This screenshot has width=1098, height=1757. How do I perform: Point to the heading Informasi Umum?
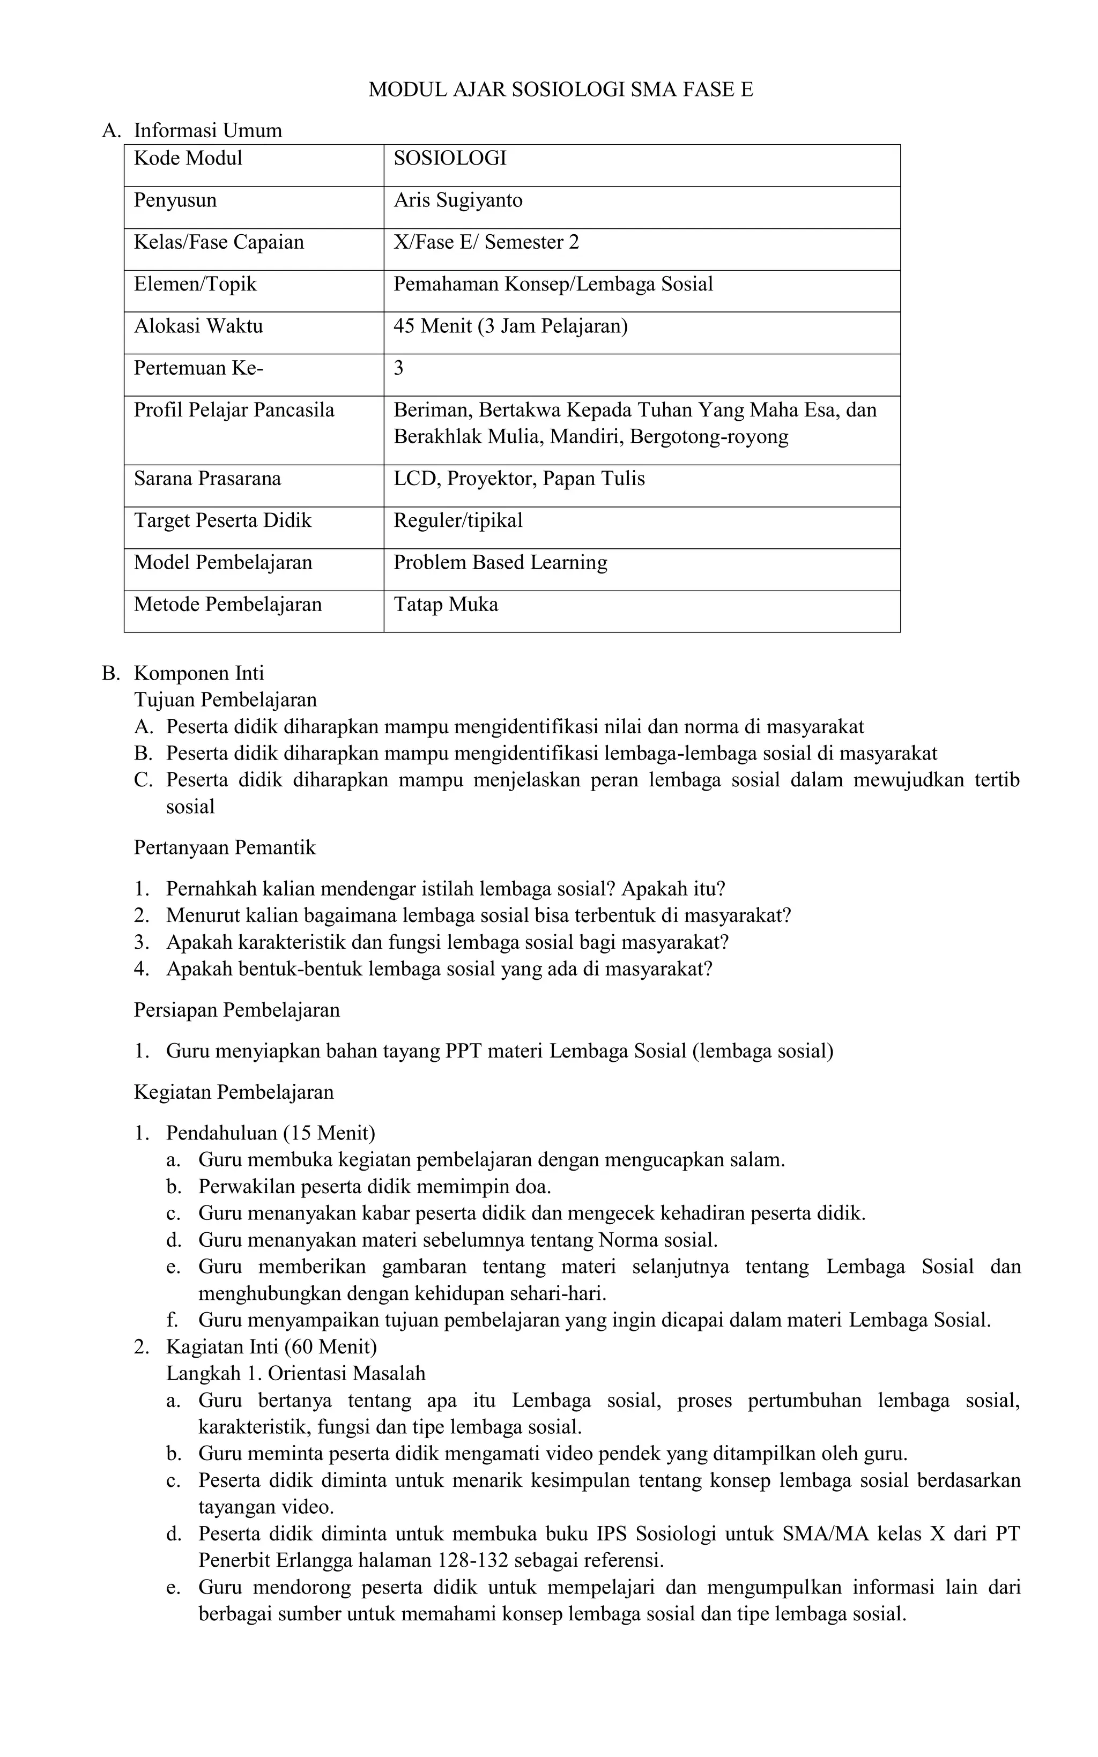pos(207,131)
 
